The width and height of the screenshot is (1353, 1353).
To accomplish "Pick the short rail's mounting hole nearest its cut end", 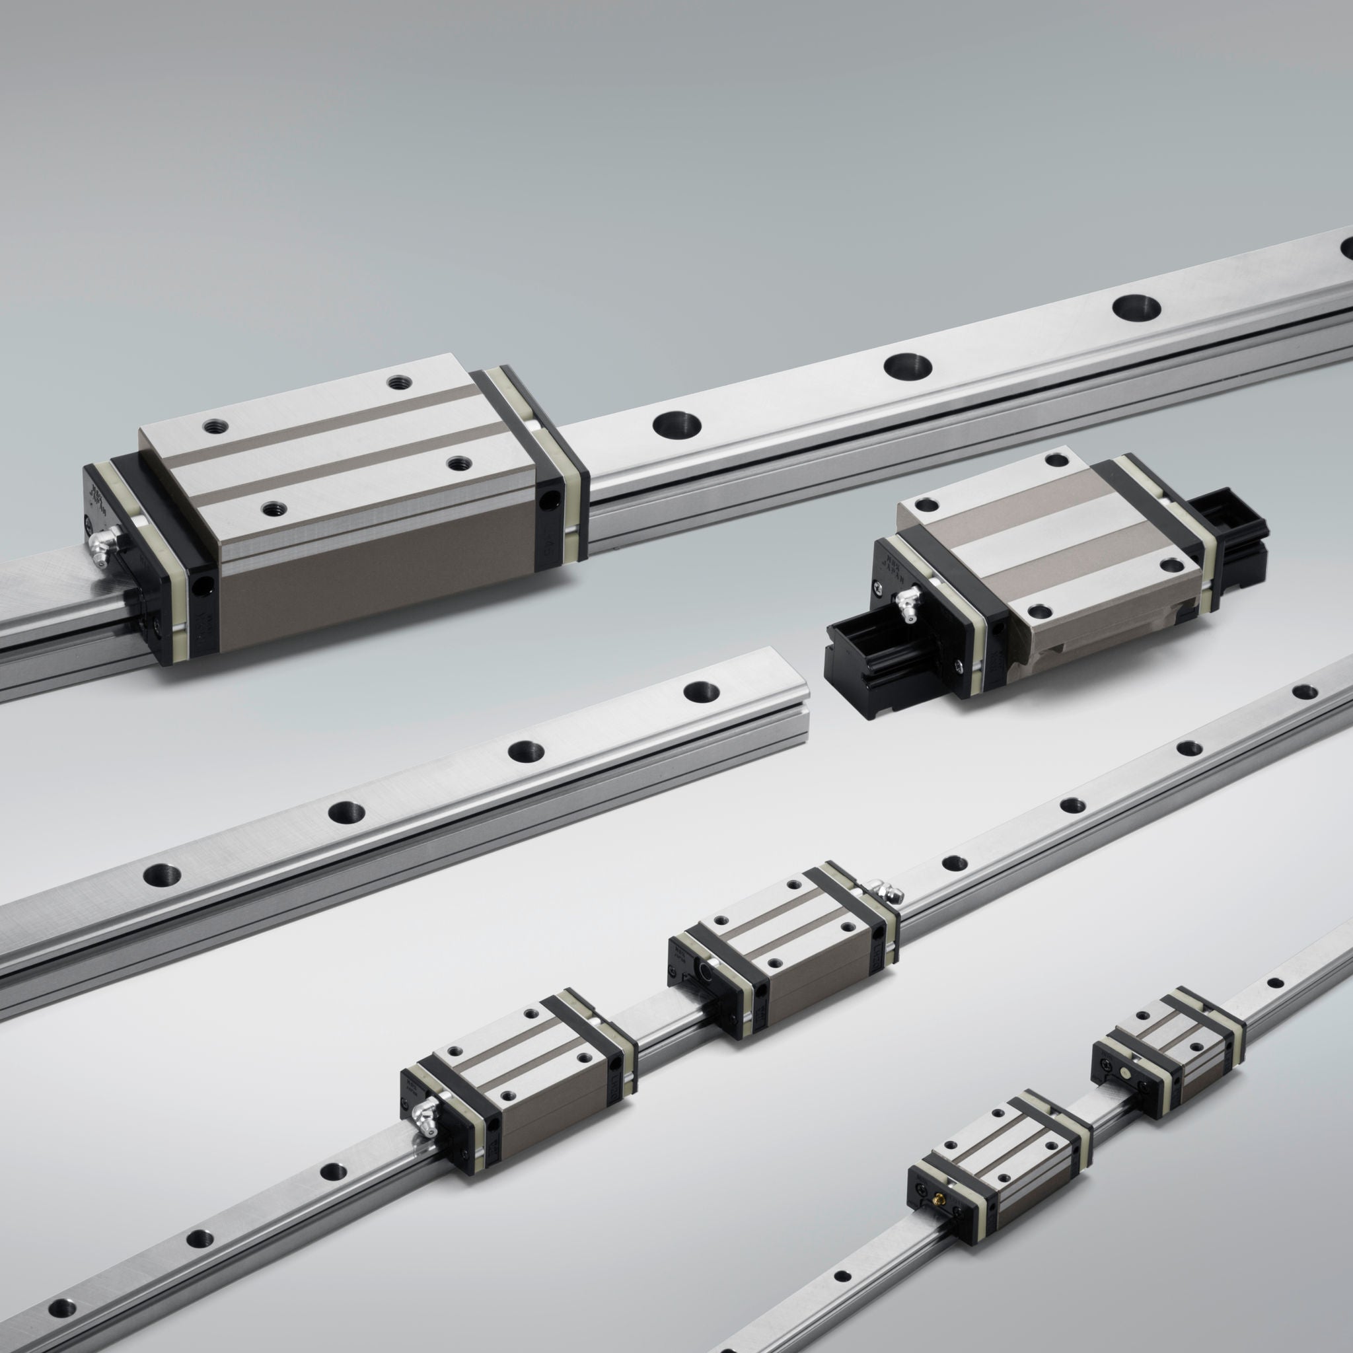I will [702, 692].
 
